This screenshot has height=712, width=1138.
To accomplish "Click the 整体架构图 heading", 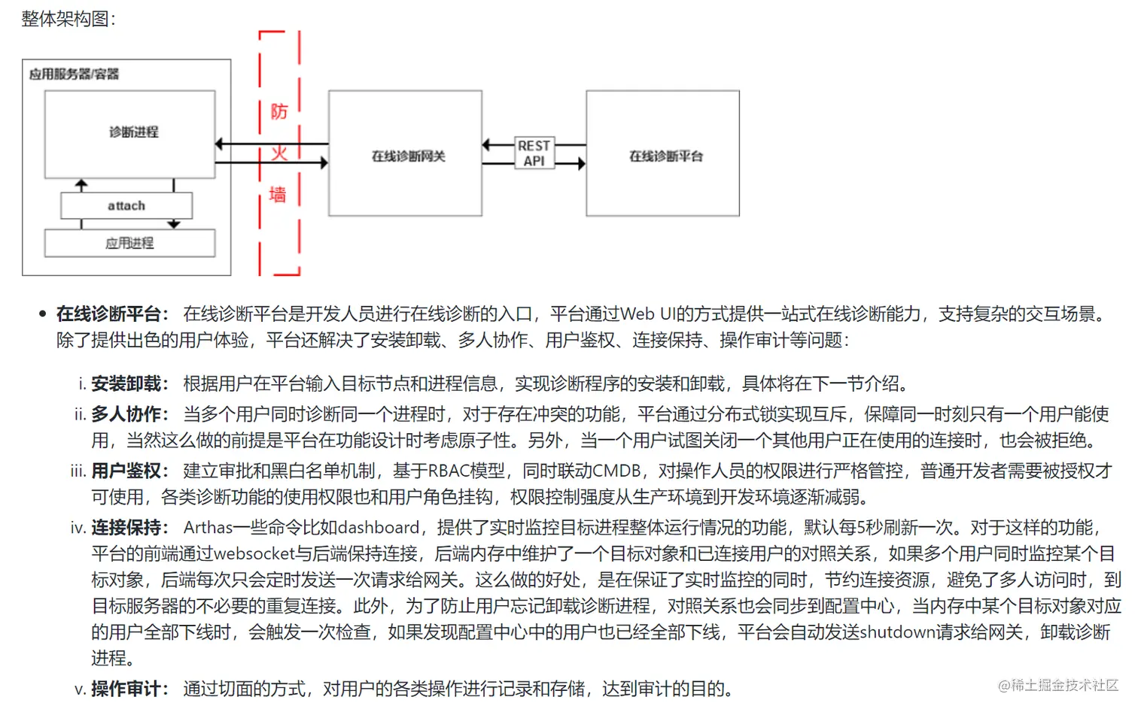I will [66, 19].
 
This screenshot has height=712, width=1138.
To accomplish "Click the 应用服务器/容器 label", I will [74, 74].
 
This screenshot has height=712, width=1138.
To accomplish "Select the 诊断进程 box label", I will [133, 132].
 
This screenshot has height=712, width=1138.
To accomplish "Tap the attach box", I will [126, 205].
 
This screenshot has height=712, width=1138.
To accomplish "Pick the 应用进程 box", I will [129, 243].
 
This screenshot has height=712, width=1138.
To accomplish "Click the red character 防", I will [278, 112].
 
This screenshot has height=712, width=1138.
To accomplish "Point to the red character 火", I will [278, 154].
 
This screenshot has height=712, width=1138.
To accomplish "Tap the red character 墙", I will [278, 195].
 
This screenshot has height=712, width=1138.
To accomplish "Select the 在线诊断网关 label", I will [408, 156].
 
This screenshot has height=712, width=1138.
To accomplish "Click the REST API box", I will [534, 153].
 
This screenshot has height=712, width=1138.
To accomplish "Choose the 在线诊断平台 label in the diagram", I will [665, 156].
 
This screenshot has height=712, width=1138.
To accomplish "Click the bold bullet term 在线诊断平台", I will [108, 314].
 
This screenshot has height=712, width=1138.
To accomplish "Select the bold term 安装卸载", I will [126, 384].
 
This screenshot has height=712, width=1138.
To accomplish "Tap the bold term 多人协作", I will [126, 414].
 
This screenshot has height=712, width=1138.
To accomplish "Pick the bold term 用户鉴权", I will [126, 471].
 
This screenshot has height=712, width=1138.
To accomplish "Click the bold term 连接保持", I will [126, 528].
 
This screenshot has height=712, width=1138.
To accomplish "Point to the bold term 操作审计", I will [126, 689].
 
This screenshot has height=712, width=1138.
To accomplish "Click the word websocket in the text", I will [254, 554].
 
